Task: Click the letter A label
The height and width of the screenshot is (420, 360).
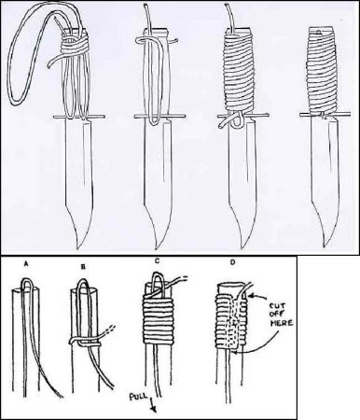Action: click(x=26, y=264)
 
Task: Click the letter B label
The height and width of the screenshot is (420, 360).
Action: click(x=83, y=267)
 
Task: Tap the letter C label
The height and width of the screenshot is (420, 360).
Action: click(x=157, y=261)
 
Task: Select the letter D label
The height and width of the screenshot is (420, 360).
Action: click(x=232, y=263)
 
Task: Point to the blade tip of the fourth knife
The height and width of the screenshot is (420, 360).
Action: click(x=324, y=246)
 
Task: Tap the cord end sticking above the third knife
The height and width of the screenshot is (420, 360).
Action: click(x=229, y=17)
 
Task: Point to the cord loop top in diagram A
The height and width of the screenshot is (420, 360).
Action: click(x=26, y=279)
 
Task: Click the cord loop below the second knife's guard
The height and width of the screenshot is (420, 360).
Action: click(x=154, y=120)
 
